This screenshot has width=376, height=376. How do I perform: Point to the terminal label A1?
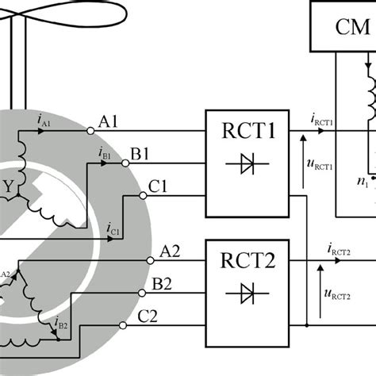coord(109,122)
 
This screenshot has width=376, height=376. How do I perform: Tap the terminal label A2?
coord(170,251)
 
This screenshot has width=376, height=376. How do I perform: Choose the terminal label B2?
coord(163,283)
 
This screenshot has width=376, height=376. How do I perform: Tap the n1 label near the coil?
coord(363,182)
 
